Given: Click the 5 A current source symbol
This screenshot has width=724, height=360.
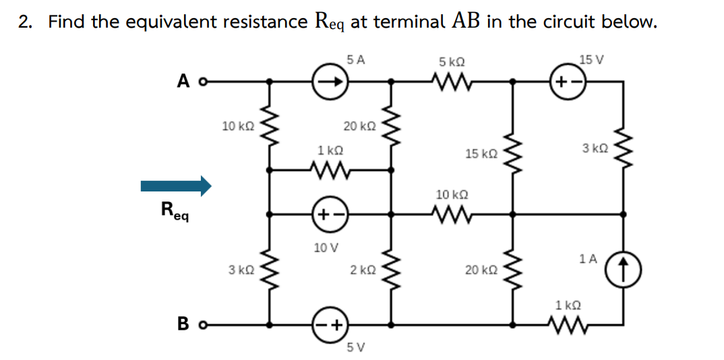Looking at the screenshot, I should pyautogui.click(x=330, y=82).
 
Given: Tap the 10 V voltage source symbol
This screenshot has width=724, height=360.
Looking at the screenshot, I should pyautogui.click(x=330, y=216).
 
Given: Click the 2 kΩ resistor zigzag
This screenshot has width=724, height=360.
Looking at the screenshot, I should pyautogui.click(x=390, y=270).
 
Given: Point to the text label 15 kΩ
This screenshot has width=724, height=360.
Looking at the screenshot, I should pyautogui.click(x=481, y=154).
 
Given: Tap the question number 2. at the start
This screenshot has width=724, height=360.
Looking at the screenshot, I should pyautogui.click(x=25, y=22).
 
